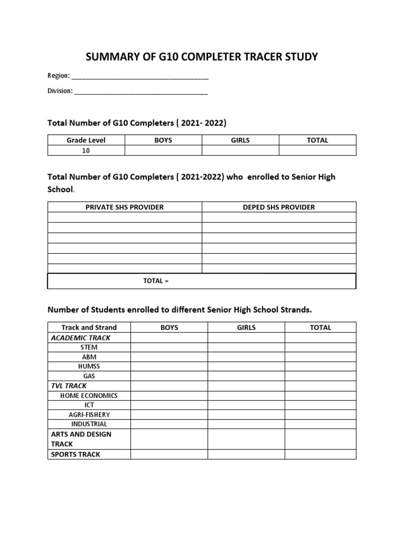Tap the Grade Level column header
(x=86, y=140)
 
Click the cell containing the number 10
(x=86, y=151)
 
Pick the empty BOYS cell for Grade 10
(x=163, y=151)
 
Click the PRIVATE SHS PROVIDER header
(x=125, y=207)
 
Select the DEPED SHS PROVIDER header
(x=279, y=207)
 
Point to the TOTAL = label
(x=156, y=281)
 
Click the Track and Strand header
(x=89, y=327)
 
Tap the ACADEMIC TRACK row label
(x=80, y=338)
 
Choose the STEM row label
(x=89, y=347)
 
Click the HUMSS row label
(x=89, y=366)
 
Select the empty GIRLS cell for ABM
(x=246, y=357)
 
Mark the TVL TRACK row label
(x=69, y=386)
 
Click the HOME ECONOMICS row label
(x=89, y=395)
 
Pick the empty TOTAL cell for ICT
(x=320, y=405)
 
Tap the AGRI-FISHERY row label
(x=89, y=414)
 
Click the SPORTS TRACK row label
(x=75, y=454)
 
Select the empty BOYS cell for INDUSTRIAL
(x=169, y=424)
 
